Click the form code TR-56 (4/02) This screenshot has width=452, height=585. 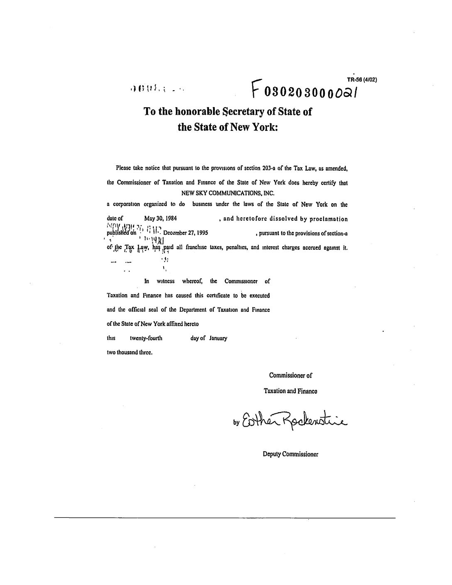(x=361, y=80)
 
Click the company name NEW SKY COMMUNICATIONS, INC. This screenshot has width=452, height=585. (x=228, y=193)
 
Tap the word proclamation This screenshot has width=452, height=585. (x=329, y=219)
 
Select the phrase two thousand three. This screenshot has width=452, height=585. (x=130, y=353)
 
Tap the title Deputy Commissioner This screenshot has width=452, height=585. (x=290, y=454)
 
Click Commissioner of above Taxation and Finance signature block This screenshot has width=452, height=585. (x=290, y=376)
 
